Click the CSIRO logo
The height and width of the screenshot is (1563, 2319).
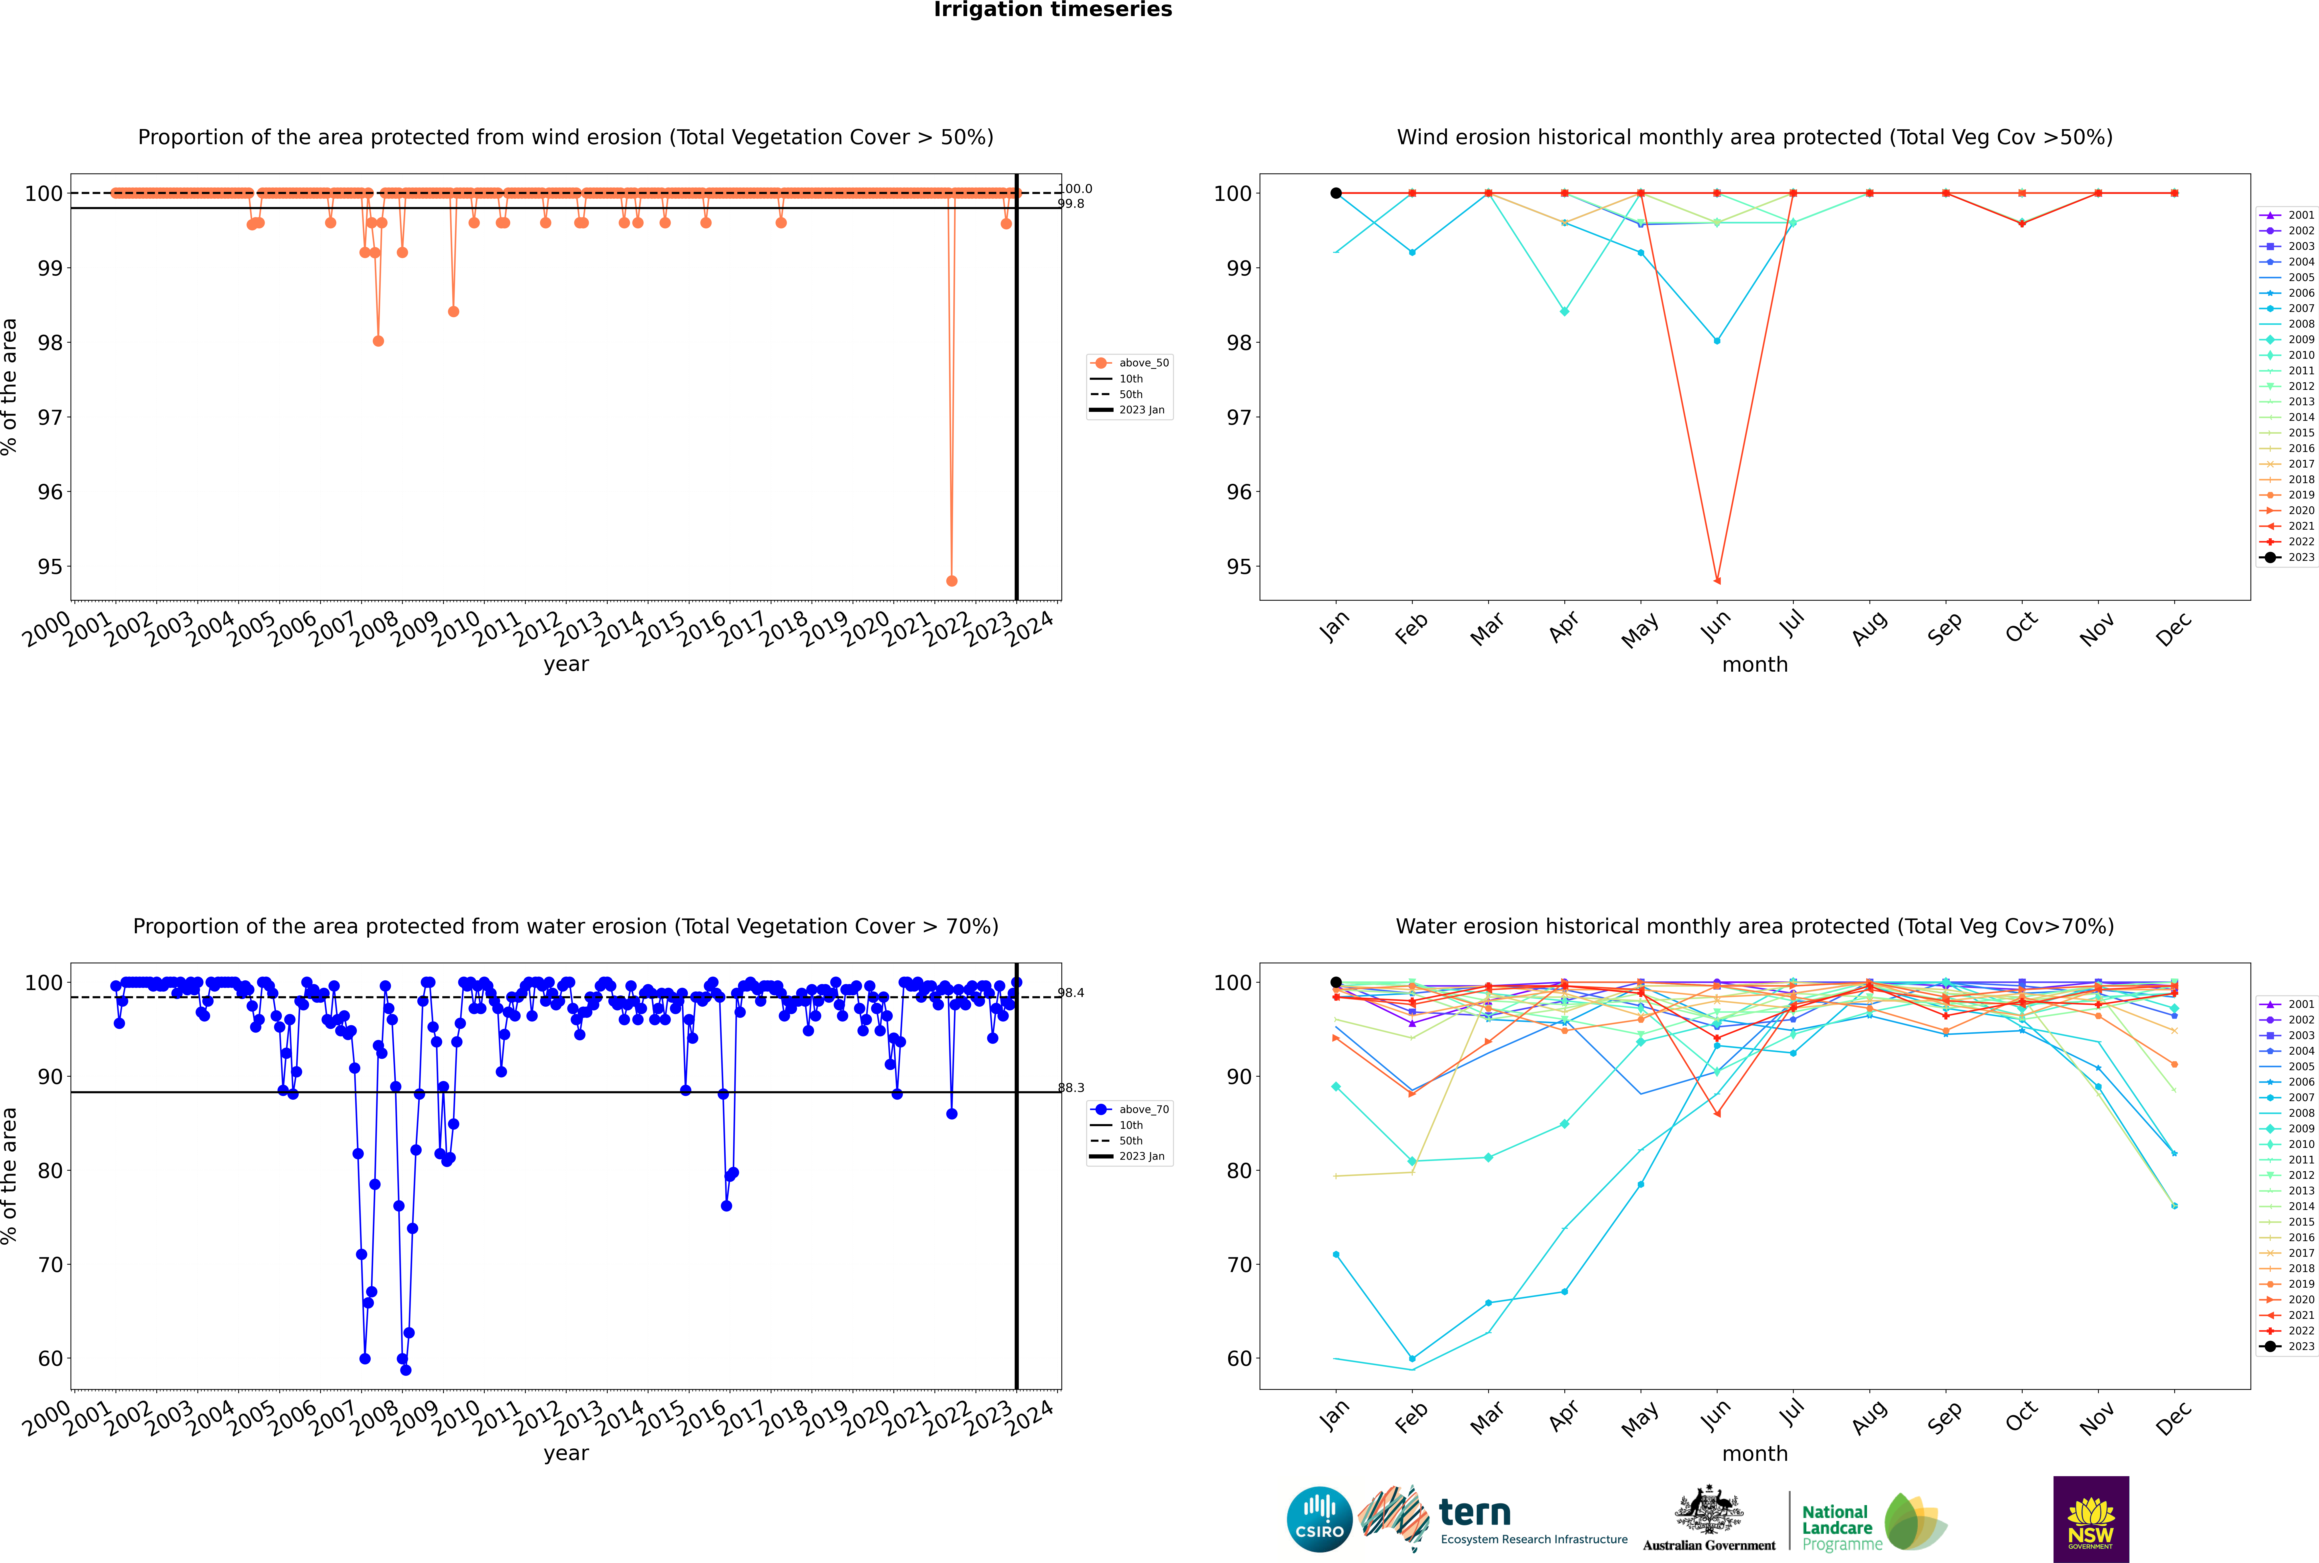coord(1319,1519)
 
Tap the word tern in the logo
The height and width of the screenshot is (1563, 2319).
coord(1475,1513)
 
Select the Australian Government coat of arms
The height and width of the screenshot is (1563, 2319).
coord(1709,1510)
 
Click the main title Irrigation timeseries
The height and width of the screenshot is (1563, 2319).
coord(1053,10)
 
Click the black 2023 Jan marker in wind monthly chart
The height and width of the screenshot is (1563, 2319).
coord(1336,193)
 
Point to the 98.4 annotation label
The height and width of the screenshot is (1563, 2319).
coord(1071,993)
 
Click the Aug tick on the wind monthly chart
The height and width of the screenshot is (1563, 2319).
coord(1868,628)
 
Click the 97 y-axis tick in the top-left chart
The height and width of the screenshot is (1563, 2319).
coord(50,418)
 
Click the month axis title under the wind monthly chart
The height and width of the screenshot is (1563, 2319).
coord(1755,665)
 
